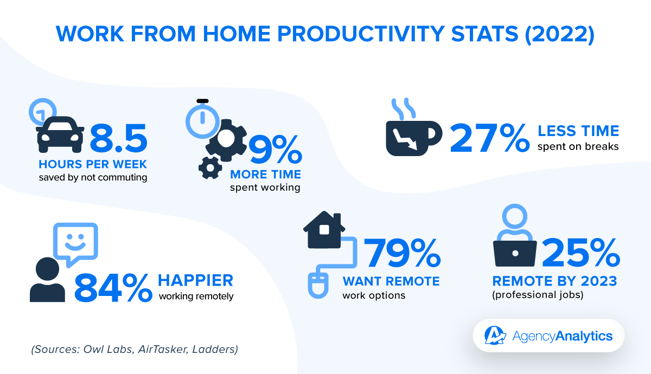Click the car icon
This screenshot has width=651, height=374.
tap(60, 134)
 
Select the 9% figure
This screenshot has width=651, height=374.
tap(275, 149)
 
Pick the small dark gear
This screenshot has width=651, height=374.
tap(210, 168)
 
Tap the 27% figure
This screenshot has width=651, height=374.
tap(489, 138)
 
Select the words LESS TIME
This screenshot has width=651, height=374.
tap(578, 131)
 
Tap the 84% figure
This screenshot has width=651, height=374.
tap(113, 288)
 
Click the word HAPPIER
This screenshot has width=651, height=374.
tap(196, 281)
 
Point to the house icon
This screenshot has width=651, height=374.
tap(324, 229)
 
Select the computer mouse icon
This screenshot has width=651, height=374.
tap(318, 285)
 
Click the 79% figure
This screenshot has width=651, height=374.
tap(403, 253)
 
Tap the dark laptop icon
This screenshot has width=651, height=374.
tap(515, 254)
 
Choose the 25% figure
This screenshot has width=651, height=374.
tap(581, 253)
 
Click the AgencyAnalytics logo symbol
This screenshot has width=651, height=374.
tap(495, 336)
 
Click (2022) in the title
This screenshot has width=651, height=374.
tap(560, 34)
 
